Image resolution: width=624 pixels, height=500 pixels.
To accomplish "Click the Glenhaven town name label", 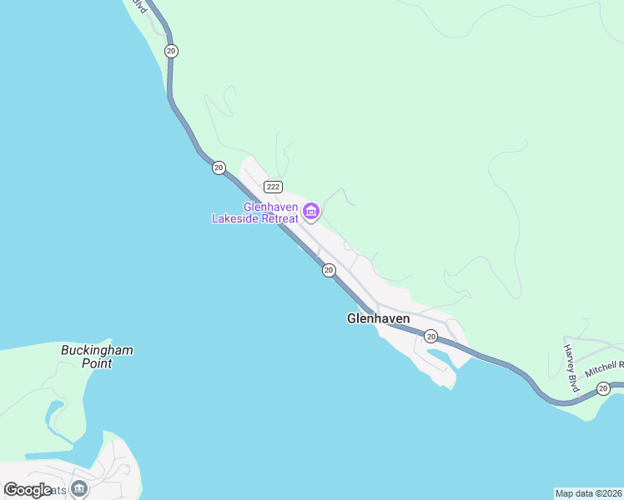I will [x=378, y=318].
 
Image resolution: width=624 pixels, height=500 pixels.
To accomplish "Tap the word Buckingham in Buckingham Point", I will [x=97, y=350].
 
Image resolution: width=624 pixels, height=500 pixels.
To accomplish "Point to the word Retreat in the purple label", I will [x=278, y=219].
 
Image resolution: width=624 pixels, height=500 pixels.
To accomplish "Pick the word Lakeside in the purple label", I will [x=234, y=219].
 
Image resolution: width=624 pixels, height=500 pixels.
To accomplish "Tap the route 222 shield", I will [x=272, y=185].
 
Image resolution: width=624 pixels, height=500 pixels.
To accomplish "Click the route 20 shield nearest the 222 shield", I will [x=219, y=167].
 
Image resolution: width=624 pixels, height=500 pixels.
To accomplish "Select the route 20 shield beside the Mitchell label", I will [x=603, y=388].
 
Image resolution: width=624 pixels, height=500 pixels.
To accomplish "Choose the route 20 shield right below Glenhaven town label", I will [x=430, y=336].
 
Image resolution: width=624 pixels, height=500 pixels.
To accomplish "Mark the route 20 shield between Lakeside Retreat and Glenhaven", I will [x=329, y=270].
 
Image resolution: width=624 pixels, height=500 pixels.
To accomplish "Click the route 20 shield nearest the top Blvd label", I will [x=171, y=51].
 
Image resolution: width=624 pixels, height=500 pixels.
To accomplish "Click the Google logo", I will [x=28, y=490].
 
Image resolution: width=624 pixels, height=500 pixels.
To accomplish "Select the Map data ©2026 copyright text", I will [x=589, y=492].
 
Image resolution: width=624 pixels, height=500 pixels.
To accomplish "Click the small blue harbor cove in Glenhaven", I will [x=439, y=359].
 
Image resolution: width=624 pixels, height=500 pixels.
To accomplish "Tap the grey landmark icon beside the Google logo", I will [x=79, y=488].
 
